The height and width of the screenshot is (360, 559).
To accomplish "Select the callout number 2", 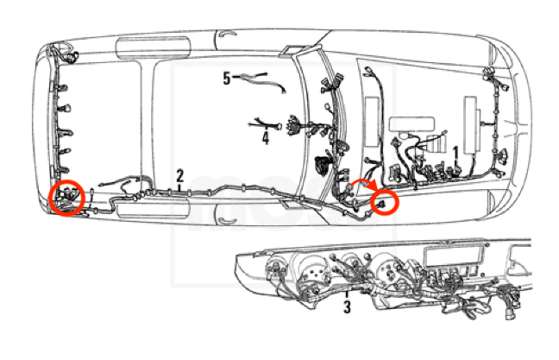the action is click(x=179, y=176).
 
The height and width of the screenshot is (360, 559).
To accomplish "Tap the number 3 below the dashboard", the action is click(x=347, y=306).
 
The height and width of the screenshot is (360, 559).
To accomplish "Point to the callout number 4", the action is click(x=265, y=138).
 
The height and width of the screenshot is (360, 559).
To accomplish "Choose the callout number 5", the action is click(x=227, y=79).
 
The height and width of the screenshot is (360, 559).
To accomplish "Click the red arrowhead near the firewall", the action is click(x=373, y=186).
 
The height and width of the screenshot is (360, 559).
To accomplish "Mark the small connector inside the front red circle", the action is click(x=382, y=204).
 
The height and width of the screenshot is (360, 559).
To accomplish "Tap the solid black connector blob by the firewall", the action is click(x=323, y=166).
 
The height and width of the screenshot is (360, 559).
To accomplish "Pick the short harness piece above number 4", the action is click(x=265, y=124).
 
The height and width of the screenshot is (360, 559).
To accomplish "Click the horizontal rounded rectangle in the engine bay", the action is click(x=411, y=123).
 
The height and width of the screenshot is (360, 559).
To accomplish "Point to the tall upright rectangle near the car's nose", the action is click(x=470, y=125).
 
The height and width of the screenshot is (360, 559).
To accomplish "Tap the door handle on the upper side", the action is click(x=227, y=35).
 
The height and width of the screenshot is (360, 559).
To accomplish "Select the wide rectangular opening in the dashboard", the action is click(x=452, y=256).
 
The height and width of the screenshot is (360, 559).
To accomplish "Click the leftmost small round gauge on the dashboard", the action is click(x=275, y=268).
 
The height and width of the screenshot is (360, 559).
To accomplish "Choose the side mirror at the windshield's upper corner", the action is click(x=295, y=51).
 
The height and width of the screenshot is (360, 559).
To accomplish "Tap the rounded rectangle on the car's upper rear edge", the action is click(x=154, y=47).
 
